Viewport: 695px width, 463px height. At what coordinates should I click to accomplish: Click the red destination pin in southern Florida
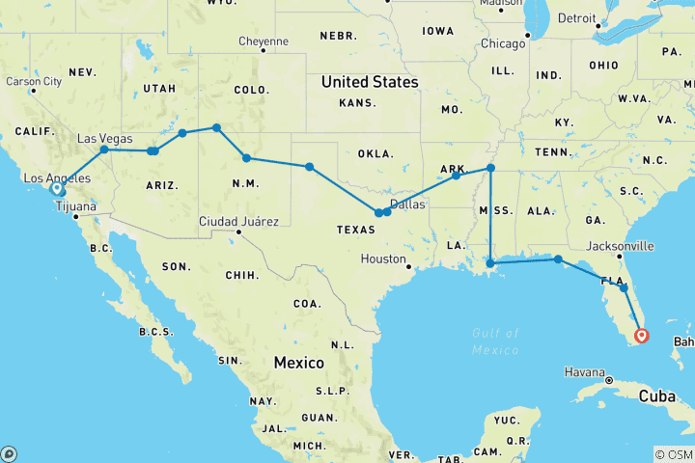642,337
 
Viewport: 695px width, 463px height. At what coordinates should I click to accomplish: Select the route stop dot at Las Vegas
104,150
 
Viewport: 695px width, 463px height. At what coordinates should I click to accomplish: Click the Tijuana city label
76,207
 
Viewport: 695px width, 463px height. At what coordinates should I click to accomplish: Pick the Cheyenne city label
262,41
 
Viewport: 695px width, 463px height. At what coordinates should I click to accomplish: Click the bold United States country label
370,82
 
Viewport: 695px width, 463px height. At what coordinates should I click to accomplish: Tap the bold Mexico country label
298,363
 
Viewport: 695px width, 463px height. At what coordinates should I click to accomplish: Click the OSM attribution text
676,454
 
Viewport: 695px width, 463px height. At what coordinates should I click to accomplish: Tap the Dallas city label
407,204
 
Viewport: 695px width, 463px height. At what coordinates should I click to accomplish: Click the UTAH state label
158,88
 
